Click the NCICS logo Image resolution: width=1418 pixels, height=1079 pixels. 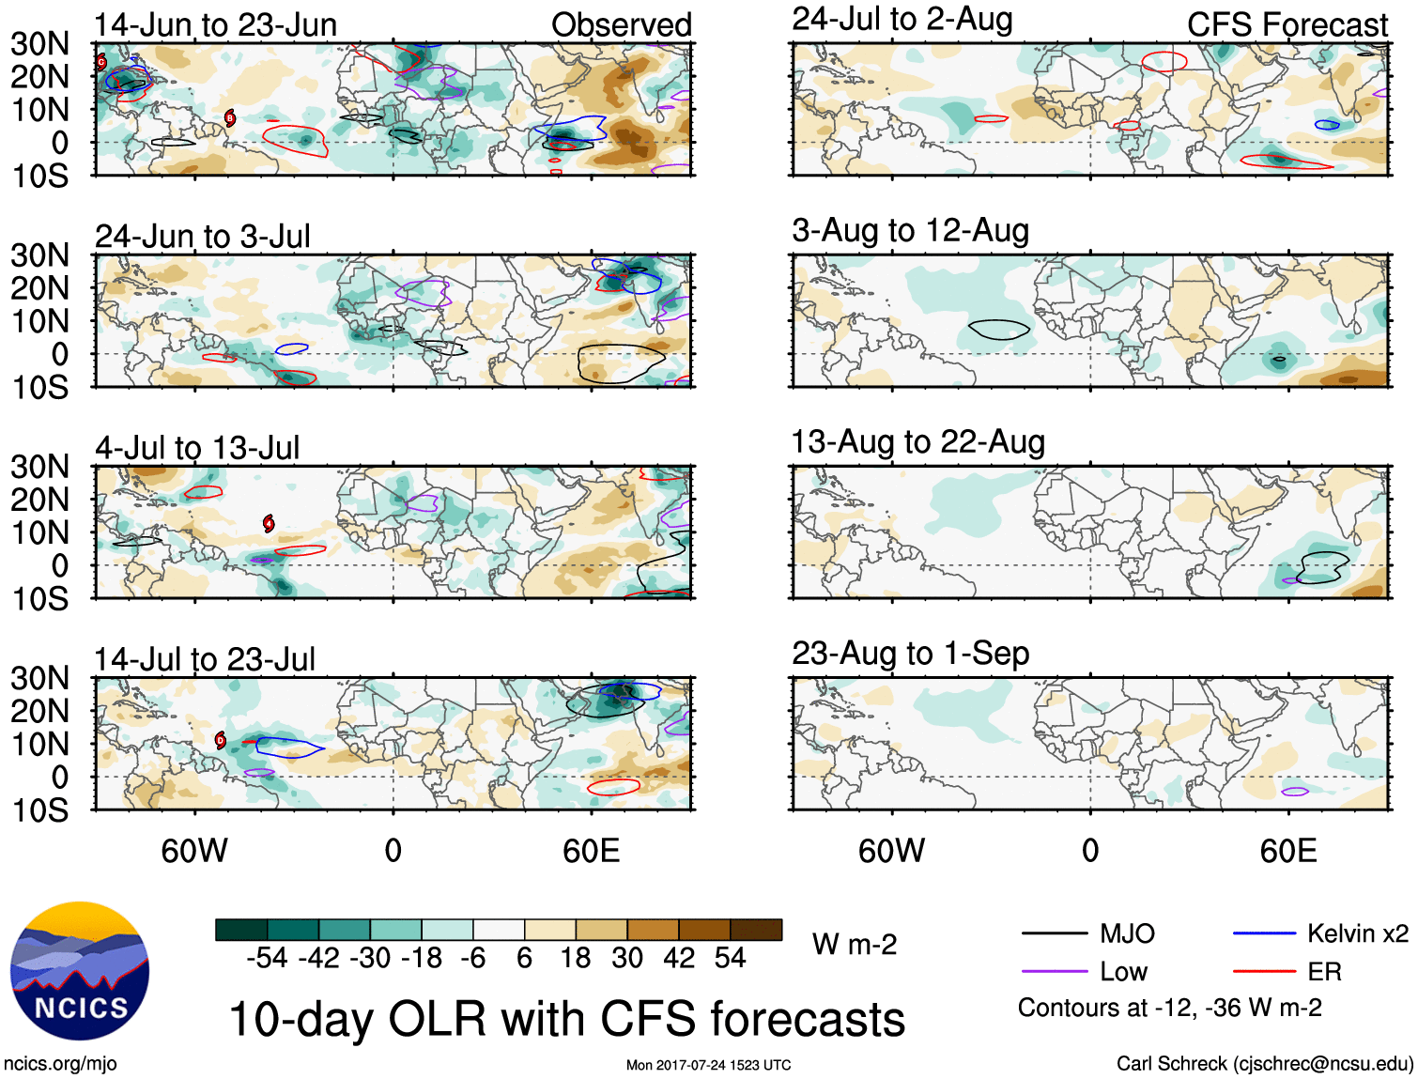click(80, 971)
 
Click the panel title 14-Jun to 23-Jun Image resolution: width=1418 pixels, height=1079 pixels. click(215, 24)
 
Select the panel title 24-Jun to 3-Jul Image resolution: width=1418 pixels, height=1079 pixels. click(202, 236)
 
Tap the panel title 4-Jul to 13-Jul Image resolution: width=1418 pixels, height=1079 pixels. click(197, 448)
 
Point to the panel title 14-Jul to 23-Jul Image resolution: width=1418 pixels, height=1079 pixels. click(205, 659)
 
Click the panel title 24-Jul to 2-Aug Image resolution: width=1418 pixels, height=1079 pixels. click(902, 19)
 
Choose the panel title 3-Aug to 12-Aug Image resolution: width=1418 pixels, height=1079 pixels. click(910, 230)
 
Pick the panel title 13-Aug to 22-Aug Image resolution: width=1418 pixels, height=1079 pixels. click(917, 441)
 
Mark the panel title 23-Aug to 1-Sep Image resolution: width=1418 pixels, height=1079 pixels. click(910, 653)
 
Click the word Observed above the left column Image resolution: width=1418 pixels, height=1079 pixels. click(621, 24)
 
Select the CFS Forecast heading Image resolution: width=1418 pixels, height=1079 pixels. click(1287, 24)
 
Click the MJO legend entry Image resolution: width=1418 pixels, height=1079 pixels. click(1127, 933)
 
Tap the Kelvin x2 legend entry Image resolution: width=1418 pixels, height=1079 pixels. click(1357, 933)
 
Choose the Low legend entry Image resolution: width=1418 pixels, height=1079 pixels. click(1123, 972)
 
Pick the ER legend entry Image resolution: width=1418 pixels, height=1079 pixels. click(1324, 972)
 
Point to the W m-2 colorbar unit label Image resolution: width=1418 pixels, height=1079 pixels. click(855, 944)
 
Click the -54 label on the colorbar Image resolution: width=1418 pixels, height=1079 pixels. click(267, 958)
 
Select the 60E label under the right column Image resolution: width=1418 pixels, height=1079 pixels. click(1287, 851)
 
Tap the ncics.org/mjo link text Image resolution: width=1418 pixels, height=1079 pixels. click(60, 1064)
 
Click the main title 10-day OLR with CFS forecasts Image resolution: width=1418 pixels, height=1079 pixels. click(566, 1019)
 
